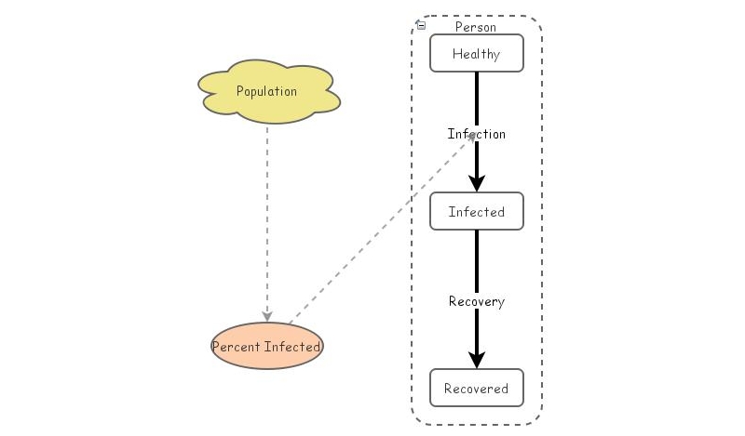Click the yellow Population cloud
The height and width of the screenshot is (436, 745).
(267, 91)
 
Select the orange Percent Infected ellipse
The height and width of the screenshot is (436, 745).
(267, 347)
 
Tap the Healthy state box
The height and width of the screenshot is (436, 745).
(476, 54)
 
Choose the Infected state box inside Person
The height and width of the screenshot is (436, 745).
(476, 212)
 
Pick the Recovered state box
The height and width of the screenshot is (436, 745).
(476, 388)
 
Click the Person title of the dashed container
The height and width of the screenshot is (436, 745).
(476, 27)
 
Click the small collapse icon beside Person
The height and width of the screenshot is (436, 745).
(422, 26)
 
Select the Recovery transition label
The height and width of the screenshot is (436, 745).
(476, 301)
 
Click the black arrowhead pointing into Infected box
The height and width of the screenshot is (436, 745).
(476, 183)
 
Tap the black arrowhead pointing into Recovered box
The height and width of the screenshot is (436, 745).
(476, 360)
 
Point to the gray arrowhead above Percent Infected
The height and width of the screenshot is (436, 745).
(267, 316)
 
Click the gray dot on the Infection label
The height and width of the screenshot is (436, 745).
(473, 136)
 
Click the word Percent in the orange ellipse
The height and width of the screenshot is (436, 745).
(237, 348)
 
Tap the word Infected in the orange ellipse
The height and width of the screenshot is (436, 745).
(292, 348)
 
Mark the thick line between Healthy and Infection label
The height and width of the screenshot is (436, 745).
(476, 98)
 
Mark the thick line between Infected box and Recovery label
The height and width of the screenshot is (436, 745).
(476, 260)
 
